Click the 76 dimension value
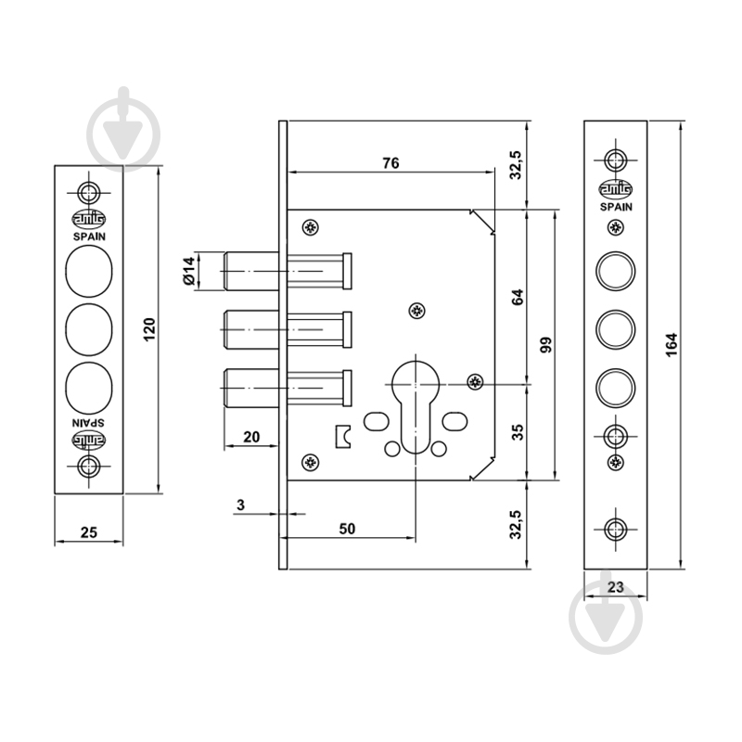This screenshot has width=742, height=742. (x=390, y=163)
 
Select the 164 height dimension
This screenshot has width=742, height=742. (x=672, y=345)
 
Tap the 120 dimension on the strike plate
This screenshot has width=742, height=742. (x=149, y=330)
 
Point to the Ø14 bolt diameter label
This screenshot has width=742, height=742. (x=189, y=271)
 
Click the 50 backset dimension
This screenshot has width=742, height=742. (x=347, y=529)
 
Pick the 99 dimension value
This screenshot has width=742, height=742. (x=545, y=345)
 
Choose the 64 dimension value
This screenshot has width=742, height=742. (x=518, y=297)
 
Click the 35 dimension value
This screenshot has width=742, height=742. (x=518, y=432)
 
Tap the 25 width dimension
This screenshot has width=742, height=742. (x=88, y=532)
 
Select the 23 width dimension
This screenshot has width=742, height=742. (x=615, y=587)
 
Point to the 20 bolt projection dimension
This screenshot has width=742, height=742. (x=251, y=437)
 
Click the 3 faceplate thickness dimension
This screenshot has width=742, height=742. (x=241, y=505)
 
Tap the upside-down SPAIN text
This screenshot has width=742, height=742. (x=89, y=423)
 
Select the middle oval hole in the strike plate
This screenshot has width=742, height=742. (x=89, y=330)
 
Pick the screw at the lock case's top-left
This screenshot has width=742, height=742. (x=311, y=227)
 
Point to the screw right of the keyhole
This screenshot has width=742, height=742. (x=475, y=381)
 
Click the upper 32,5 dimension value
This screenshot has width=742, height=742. (x=516, y=165)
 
